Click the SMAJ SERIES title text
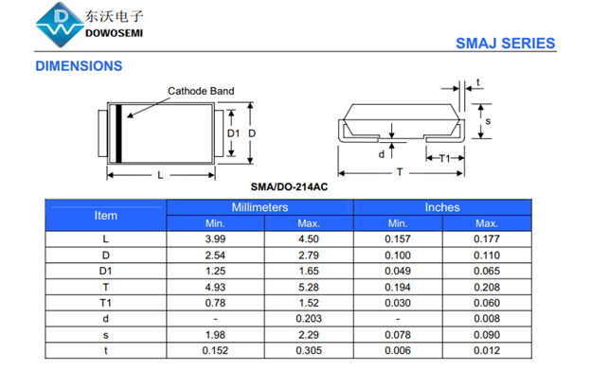pos(505,44)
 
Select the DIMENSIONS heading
pos(79,66)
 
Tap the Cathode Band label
pos(201,92)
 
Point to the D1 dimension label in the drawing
pos(233,133)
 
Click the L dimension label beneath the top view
pos(160,175)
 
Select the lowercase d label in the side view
pos(381,153)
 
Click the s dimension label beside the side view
pos(487,121)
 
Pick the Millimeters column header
pos(260,207)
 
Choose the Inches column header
pos(442,207)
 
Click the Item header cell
pos(106,215)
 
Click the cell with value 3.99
pos(215,238)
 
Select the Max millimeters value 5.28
pos(309,286)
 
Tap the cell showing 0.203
pos(309,318)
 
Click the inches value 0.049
pos(398,271)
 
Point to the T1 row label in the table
pos(106,302)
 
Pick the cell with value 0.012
pos(487,350)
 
